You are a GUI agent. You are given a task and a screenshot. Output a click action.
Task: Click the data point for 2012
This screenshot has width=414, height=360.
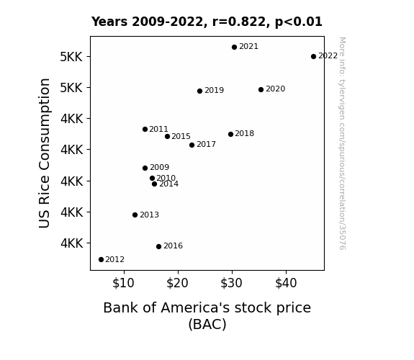coord(101,260)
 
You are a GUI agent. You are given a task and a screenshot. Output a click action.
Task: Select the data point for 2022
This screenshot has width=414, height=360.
coord(313,57)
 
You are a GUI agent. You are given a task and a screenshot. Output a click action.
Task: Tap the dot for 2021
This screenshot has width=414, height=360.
coord(234,48)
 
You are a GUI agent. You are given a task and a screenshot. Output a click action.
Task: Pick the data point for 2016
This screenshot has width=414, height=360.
coord(158,247)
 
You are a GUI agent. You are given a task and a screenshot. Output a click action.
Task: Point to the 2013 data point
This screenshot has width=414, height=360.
coord(135,215)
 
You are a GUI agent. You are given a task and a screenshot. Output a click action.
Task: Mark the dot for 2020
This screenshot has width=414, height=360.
coord(261,90)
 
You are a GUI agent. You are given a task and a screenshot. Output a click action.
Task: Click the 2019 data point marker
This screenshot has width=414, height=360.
coord(199,91)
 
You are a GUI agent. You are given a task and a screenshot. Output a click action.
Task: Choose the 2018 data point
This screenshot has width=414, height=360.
coord(230,134)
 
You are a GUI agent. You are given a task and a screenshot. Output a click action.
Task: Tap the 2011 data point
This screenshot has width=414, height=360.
coord(145,129)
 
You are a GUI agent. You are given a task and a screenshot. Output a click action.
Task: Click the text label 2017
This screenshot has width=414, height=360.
coord(206,144)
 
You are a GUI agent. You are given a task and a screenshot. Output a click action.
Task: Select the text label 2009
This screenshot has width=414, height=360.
coord(159,167)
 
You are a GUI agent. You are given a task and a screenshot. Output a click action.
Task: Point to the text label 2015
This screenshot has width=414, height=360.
coord(181,136)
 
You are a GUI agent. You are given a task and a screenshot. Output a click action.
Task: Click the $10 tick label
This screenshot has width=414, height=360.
coord(123,283)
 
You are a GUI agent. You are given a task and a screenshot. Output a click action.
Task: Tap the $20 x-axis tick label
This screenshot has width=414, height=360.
coord(177,283)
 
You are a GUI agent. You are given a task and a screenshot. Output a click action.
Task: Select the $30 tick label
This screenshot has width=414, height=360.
coord(231,283)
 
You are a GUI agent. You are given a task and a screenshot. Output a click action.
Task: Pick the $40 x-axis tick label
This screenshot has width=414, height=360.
coord(286,283)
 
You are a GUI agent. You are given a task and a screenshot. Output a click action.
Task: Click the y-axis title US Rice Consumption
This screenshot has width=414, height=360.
coord(45,153)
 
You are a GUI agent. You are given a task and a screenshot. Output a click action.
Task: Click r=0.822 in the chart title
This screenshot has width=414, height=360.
coord(239,22)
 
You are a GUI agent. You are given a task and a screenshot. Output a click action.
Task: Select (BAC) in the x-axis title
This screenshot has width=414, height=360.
coord(207,324)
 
